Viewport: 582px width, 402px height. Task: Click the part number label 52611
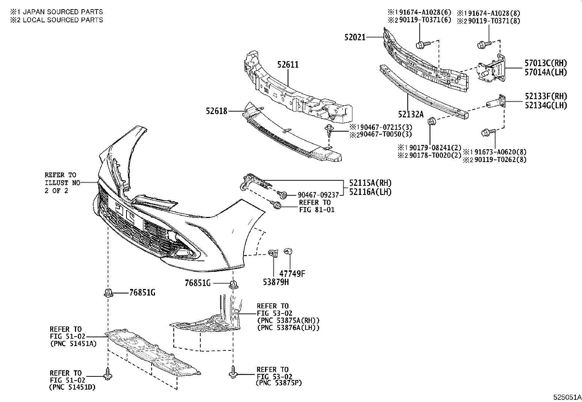pyautogui.click(x=288, y=65)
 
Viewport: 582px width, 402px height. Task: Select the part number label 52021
pyautogui.click(x=355, y=37)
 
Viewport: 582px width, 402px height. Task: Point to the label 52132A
pyautogui.click(x=411, y=114)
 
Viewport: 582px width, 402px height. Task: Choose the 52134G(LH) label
pyautogui.click(x=546, y=105)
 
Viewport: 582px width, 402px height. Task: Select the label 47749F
pyautogui.click(x=292, y=273)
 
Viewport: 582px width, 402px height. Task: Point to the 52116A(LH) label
pyautogui.click(x=370, y=192)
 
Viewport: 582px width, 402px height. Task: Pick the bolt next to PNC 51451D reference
pyautogui.click(x=107, y=375)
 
